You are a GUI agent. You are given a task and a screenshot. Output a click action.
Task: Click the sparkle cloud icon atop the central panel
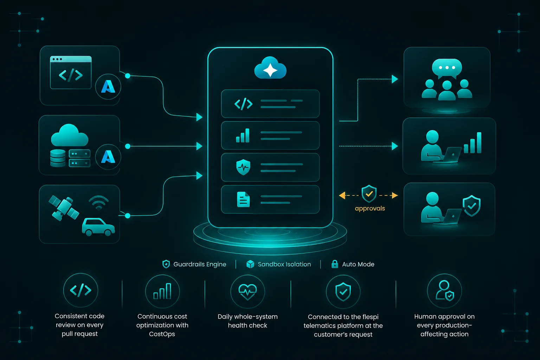[x=270, y=68]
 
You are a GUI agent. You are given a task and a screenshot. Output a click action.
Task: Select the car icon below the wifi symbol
[x=98, y=227]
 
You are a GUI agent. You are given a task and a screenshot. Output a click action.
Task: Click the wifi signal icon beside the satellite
[x=98, y=202]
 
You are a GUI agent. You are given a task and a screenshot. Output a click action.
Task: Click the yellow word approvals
[x=370, y=208]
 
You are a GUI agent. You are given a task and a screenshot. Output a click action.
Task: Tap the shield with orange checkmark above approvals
[x=369, y=193]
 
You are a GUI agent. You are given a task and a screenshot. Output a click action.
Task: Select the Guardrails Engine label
[x=200, y=264]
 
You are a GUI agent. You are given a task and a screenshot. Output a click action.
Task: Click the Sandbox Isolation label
[x=284, y=264]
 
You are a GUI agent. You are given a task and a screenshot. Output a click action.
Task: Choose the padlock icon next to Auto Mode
[x=335, y=264]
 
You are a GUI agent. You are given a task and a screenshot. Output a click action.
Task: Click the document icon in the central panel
[x=243, y=199]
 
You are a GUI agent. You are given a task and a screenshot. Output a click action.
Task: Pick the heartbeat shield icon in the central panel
[x=243, y=167]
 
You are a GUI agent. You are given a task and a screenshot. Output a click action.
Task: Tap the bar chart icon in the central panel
[x=243, y=135]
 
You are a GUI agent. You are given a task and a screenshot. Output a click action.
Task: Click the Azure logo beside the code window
[x=108, y=86]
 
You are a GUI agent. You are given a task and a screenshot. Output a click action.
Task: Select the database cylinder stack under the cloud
[x=58, y=158]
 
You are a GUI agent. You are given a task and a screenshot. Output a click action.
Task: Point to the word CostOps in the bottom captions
[x=162, y=334]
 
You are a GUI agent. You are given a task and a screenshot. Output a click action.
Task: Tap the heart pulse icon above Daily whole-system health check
[x=247, y=291]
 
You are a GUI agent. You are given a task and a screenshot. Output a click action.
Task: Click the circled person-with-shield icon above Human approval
[x=444, y=291]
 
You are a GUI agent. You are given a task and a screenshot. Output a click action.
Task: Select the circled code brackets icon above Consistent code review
[x=81, y=290]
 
